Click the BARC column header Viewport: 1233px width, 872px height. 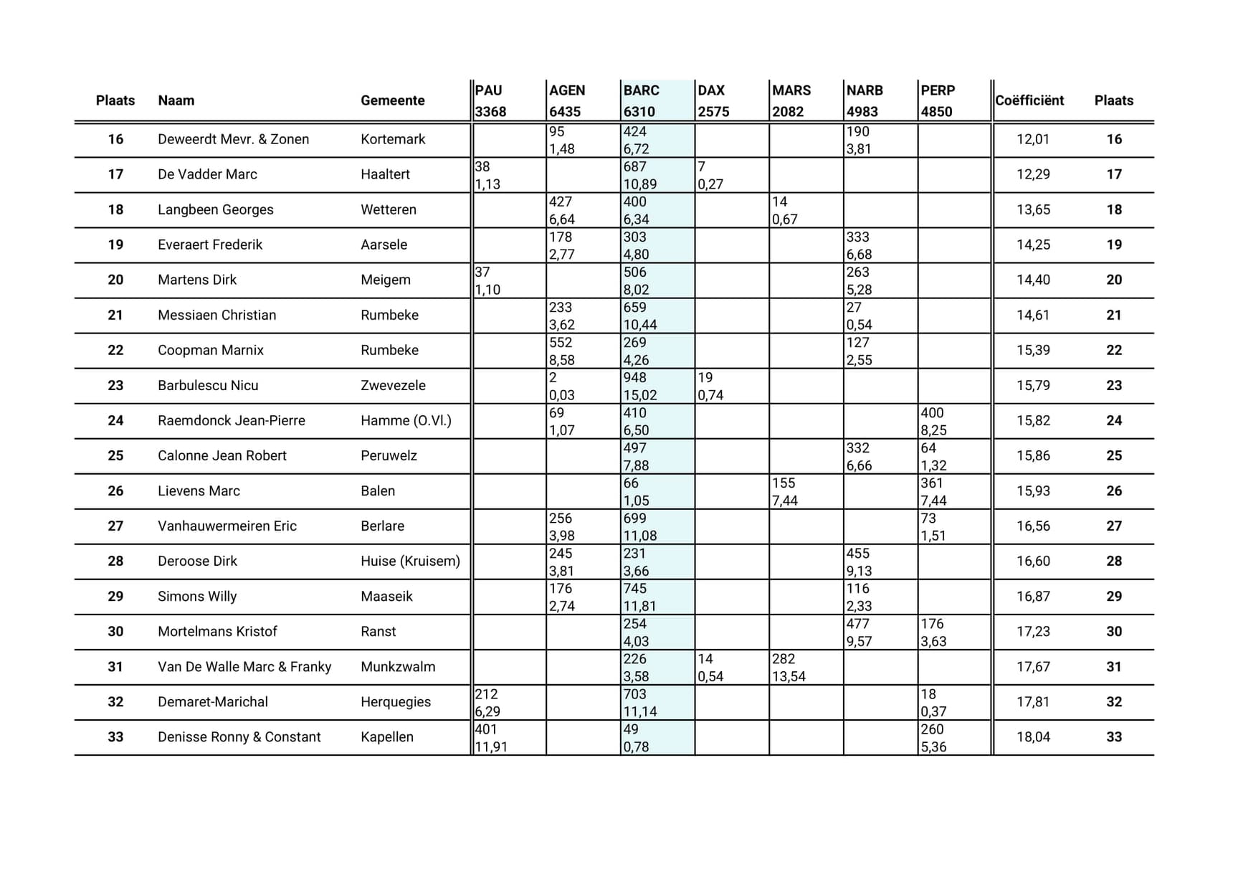pyautogui.click(x=641, y=90)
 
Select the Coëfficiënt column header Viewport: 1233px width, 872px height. pyautogui.click(x=1029, y=100)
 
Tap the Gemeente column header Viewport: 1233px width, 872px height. pyautogui.click(x=392, y=100)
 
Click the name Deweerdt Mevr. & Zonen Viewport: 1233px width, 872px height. pyautogui.click(x=233, y=139)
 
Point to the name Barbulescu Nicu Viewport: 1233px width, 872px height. pyautogui.click(x=208, y=385)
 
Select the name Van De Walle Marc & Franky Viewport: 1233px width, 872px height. pyautogui.click(x=244, y=667)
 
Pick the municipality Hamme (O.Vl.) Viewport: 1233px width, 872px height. pyautogui.click(x=406, y=420)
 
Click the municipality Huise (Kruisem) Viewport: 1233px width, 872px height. pyautogui.click(x=410, y=561)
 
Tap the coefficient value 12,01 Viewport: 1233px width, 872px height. pyautogui.click(x=1032, y=139)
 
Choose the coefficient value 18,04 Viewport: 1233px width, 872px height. pyautogui.click(x=1032, y=736)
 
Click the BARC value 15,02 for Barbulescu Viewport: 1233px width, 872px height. pyautogui.click(x=639, y=395)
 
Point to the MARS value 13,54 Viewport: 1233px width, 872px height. pyautogui.click(x=789, y=676)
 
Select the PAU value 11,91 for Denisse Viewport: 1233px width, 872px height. pyautogui.click(x=491, y=747)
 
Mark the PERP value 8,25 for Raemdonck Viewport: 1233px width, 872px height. pyautogui.click(x=933, y=430)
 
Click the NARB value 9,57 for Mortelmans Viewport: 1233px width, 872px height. pyautogui.click(x=859, y=641)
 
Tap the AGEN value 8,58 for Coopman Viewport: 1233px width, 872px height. pyautogui.click(x=562, y=360)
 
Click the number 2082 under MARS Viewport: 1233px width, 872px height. pyautogui.click(x=787, y=112)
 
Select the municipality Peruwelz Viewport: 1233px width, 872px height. pyautogui.click(x=389, y=455)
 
